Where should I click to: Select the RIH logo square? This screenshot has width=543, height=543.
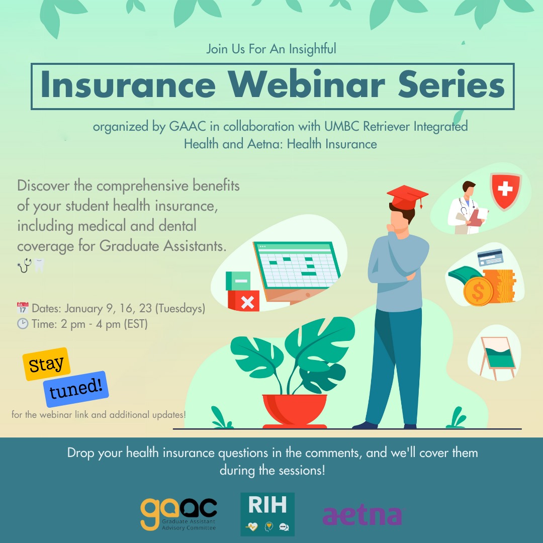click(x=267, y=514)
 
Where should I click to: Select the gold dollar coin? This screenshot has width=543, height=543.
click(x=478, y=291)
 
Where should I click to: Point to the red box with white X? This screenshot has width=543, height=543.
click(x=244, y=301)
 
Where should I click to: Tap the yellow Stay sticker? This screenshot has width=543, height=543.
click(x=46, y=364)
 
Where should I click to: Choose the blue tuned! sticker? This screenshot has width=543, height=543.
click(x=76, y=389)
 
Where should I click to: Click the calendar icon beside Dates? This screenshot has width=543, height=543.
click(x=23, y=308)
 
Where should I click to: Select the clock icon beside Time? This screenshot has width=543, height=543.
click(x=23, y=323)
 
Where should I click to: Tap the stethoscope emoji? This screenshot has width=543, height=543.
click(x=25, y=265)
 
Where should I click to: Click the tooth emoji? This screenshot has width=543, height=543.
click(x=40, y=265)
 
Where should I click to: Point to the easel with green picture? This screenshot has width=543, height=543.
click(x=498, y=358)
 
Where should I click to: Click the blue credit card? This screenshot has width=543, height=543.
click(x=490, y=257)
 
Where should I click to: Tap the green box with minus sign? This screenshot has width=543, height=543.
click(x=238, y=281)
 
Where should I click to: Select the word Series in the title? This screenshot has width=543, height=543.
click(x=451, y=84)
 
